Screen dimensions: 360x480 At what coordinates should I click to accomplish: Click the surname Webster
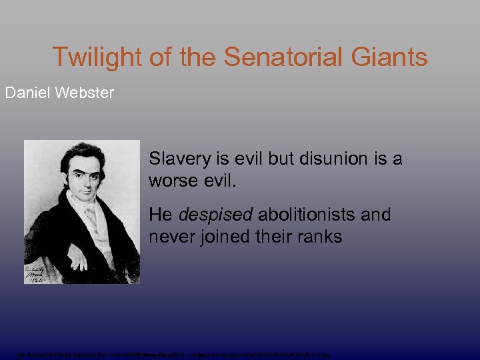[85, 92]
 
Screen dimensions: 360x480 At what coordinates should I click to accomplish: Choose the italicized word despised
[214, 216]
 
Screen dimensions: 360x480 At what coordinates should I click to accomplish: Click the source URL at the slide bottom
[173, 355]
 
